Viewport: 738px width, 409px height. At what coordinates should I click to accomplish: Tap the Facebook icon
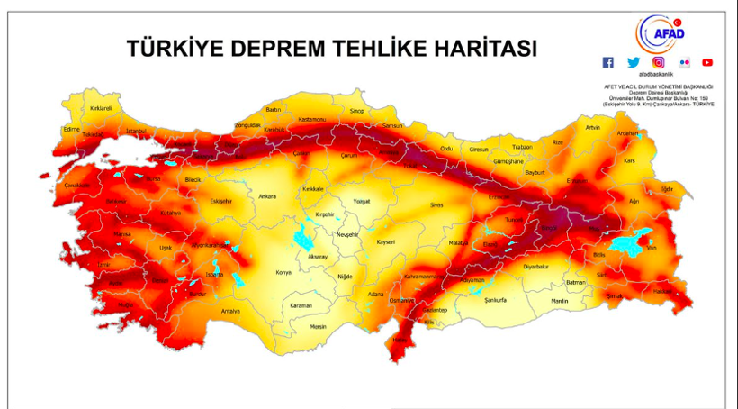coord(608,62)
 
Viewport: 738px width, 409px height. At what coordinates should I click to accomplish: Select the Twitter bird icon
coord(634,62)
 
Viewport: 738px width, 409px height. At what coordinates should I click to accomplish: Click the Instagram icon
coord(659,62)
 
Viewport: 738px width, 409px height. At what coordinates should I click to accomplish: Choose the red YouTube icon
coord(707,62)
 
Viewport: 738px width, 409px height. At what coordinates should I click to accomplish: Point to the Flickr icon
coord(684,62)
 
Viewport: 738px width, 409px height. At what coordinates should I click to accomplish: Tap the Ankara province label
coord(267,195)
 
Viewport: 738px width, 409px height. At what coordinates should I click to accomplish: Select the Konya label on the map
coord(283,271)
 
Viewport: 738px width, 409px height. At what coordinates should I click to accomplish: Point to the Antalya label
coord(230,311)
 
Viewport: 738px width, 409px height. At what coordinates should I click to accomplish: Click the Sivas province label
coord(436,205)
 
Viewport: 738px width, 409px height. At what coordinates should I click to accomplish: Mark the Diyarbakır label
coord(535,267)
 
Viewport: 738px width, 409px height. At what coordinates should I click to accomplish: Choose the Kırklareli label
coord(100,108)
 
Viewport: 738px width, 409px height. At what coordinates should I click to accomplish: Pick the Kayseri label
coord(386,242)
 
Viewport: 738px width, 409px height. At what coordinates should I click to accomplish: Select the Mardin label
coord(560,300)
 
